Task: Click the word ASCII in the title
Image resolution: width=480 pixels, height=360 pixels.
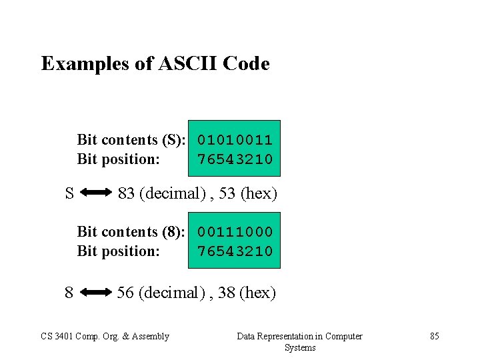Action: tap(195, 64)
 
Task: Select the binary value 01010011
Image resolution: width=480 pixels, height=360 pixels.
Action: tap(235, 140)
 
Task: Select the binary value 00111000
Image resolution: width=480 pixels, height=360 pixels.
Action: tap(235, 232)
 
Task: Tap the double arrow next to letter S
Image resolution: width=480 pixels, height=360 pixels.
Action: tap(98, 193)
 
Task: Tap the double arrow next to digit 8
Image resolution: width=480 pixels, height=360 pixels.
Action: tap(98, 292)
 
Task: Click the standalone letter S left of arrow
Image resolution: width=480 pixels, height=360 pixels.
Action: tap(69, 193)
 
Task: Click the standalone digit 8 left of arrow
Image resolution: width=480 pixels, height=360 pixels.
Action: tap(69, 292)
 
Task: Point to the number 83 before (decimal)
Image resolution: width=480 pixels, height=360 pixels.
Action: tap(126, 193)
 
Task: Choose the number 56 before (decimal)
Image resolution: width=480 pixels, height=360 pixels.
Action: tap(125, 292)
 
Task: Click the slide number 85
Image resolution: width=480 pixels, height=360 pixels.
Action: tap(435, 336)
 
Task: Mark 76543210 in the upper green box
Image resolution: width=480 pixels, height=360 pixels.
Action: tap(235, 159)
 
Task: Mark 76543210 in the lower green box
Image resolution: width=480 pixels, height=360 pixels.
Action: tap(235, 251)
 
